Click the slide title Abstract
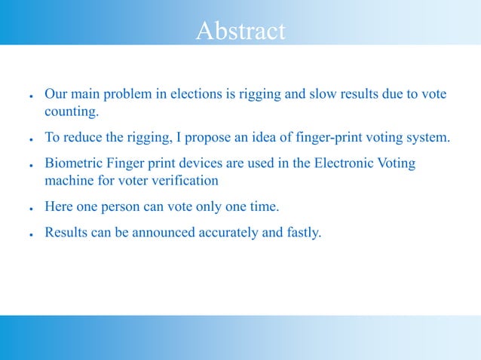240,31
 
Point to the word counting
71,113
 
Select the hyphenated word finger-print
317,138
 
